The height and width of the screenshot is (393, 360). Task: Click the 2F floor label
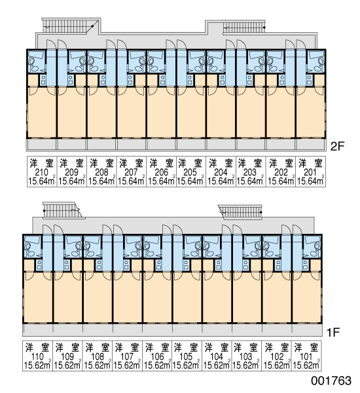pyautogui.click(x=338, y=146)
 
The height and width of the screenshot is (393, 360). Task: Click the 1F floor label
pyautogui.click(x=333, y=332)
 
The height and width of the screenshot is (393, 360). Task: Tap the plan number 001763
pyautogui.click(x=331, y=381)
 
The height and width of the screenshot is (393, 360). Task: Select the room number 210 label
pyautogui.click(x=42, y=172)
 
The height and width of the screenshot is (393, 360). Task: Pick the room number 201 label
pyautogui.click(x=310, y=172)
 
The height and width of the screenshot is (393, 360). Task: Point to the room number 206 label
pyautogui.click(x=161, y=172)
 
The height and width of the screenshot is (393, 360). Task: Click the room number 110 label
pyautogui.click(x=37, y=356)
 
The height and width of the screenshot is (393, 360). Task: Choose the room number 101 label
pyautogui.click(x=306, y=356)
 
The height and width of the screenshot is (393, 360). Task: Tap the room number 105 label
pyautogui.click(x=186, y=356)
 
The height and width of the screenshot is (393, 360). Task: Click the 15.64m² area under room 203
pyautogui.click(x=250, y=181)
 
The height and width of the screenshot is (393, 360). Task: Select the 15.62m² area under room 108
pyautogui.click(x=98, y=365)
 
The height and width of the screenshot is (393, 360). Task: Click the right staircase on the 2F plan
pyautogui.click(x=244, y=27)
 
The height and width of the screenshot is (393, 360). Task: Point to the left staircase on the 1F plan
pyautogui.click(x=63, y=210)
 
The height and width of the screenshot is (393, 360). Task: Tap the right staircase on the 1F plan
pyautogui.click(x=240, y=212)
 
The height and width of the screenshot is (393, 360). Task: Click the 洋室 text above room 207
pyautogui.click(x=131, y=163)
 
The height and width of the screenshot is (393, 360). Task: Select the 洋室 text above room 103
pyautogui.click(x=245, y=348)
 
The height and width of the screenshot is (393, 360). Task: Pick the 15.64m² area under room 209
pyautogui.click(x=71, y=181)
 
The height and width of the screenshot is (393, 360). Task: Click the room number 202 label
pyautogui.click(x=281, y=172)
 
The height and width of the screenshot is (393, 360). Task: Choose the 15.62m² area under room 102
pyautogui.click(x=277, y=365)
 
